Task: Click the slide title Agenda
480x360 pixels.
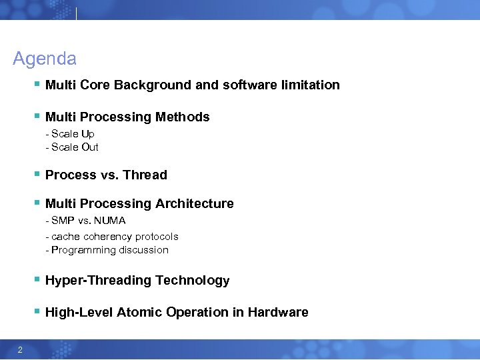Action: tap(45, 59)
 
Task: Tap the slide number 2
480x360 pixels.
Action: tap(21, 351)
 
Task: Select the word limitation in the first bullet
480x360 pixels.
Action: tap(309, 85)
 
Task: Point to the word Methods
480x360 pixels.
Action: tap(182, 117)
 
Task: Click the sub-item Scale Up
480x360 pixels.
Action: tap(72, 134)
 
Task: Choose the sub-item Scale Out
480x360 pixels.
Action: tap(74, 147)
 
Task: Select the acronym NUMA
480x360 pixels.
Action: tap(110, 221)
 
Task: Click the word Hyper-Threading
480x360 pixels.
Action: tap(98, 281)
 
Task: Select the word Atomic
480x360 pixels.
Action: tap(139, 313)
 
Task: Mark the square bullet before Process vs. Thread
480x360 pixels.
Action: tap(36, 175)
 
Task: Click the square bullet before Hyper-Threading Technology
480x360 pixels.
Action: tap(36, 281)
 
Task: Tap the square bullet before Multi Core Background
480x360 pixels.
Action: tap(36, 85)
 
